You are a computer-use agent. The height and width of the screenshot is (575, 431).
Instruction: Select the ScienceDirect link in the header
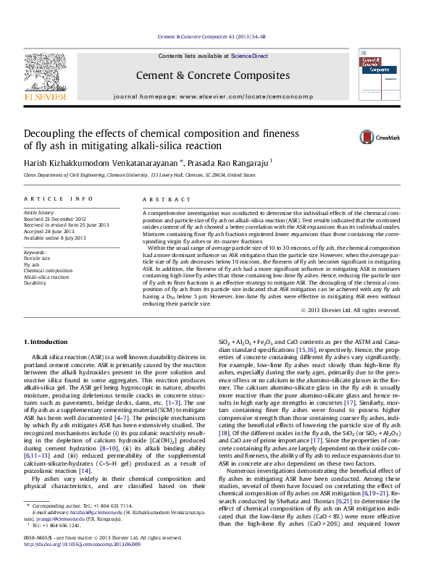(x=249, y=56)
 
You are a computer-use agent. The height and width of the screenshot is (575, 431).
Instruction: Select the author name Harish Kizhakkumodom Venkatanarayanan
(x=101, y=163)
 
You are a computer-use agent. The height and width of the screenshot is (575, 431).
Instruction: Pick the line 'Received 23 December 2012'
(x=55, y=218)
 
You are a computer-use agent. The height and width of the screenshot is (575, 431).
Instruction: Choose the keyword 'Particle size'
(x=38, y=258)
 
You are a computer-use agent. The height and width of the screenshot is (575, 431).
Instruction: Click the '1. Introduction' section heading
(x=47, y=341)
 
